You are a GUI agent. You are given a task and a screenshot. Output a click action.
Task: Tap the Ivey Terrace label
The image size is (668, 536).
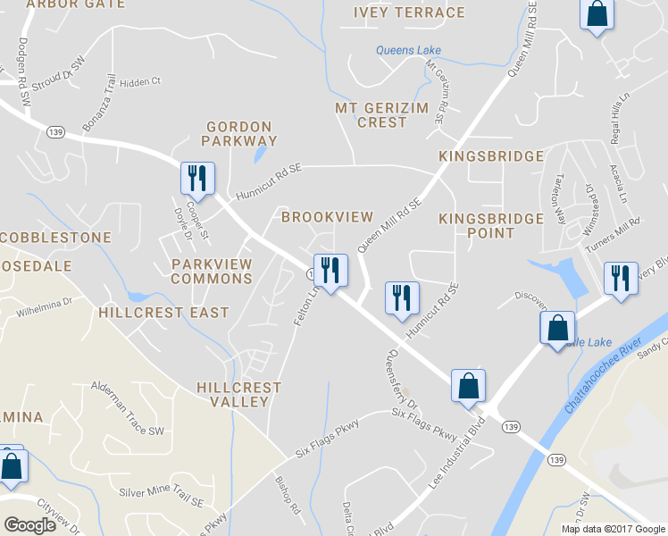point(409,13)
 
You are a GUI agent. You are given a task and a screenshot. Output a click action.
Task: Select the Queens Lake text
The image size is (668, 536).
point(408,51)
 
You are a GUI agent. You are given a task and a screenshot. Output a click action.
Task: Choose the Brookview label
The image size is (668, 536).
point(327,217)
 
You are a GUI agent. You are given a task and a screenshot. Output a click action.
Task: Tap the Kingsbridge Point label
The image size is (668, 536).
point(490,225)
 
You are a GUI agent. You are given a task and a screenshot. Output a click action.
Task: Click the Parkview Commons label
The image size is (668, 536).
point(212,272)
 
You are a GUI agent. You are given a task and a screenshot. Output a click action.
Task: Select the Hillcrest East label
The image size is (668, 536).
point(163,313)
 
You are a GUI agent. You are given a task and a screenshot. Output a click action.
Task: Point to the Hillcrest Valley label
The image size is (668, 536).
point(238,395)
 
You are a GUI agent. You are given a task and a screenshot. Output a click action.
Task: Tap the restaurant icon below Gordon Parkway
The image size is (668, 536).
point(196,178)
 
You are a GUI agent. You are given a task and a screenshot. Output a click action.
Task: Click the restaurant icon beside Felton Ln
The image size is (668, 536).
point(330,272)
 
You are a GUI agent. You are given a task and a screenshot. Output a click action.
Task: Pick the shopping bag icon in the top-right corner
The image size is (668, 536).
point(597,14)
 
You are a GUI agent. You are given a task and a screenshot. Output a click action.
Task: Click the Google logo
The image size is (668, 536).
point(29,525)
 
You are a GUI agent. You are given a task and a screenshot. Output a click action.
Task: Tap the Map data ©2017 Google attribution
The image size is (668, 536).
point(612,529)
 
